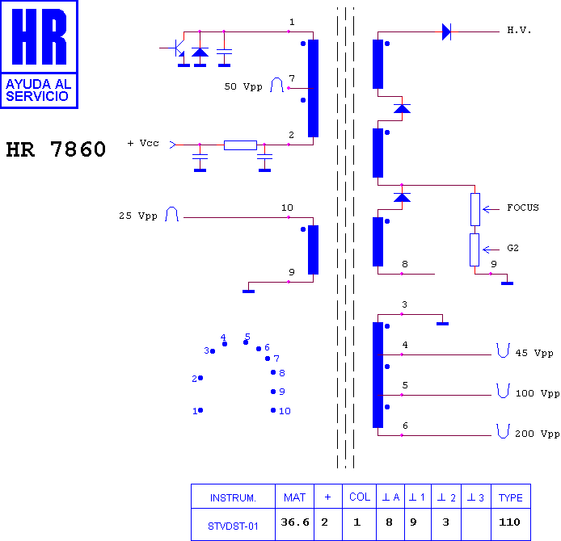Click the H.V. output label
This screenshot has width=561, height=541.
519,31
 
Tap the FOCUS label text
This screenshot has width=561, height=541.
523,208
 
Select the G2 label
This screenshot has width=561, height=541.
512,248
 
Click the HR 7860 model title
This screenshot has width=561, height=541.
56,149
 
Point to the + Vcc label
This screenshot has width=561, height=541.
143,143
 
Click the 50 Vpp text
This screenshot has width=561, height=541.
243,86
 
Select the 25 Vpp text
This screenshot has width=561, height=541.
138,216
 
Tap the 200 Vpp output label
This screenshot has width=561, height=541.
538,434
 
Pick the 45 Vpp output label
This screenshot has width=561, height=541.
534,353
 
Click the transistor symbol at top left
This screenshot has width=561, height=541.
176,48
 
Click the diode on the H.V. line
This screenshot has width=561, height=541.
446,31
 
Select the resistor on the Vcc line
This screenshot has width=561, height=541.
240,145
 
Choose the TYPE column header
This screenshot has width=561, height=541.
511,497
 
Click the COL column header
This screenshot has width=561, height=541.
360,497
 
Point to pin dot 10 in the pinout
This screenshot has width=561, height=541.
273,410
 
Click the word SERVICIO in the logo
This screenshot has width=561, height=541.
37,96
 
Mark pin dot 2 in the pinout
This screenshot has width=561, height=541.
200,378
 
